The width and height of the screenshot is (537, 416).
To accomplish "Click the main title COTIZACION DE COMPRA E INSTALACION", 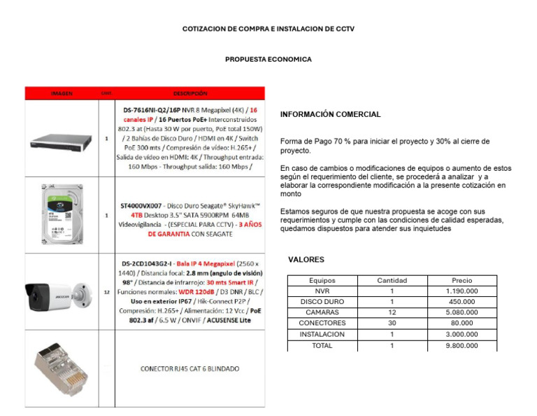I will (268, 29).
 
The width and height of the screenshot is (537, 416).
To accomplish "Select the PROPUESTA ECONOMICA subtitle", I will (268, 60).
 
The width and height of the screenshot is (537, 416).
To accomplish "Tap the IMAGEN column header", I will (61, 93).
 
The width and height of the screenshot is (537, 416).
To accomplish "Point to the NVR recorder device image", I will (61, 139).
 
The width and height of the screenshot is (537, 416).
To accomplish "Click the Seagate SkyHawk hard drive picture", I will (62, 214).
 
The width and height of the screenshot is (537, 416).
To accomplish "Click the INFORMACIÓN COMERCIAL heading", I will (330, 114).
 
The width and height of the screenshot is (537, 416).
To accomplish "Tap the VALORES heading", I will (306, 260).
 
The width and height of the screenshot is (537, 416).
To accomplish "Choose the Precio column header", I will (461, 280).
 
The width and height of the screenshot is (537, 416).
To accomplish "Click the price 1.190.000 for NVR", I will (461, 291).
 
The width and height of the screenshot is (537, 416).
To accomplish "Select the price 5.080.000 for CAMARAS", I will (461, 312).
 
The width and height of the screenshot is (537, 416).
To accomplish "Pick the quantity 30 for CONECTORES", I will (392, 323).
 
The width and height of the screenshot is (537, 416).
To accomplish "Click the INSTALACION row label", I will (322, 334).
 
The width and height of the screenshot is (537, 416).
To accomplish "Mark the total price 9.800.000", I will (461, 345).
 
